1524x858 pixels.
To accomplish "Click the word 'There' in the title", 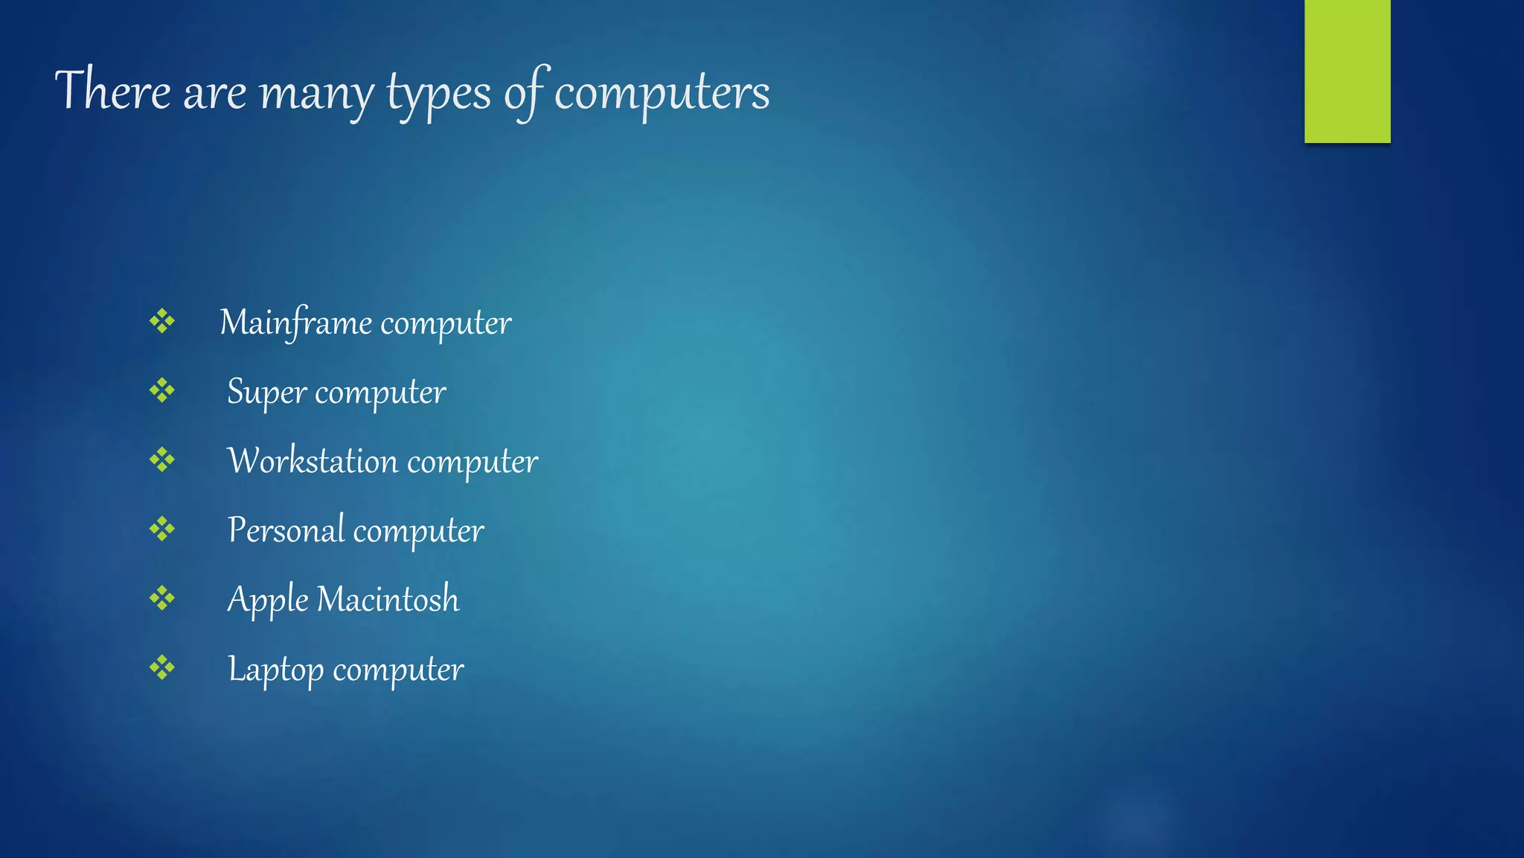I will click(x=113, y=90).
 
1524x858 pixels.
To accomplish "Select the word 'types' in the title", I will click(x=439, y=95).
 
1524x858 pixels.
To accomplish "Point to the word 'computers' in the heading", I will click(x=662, y=93).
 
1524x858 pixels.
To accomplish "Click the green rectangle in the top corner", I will click(x=1347, y=71).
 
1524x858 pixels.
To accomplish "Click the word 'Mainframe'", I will click(x=295, y=322).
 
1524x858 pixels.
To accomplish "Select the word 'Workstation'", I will click(x=313, y=460).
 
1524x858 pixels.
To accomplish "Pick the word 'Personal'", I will click(x=286, y=530).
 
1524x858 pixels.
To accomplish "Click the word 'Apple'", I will click(x=267, y=600).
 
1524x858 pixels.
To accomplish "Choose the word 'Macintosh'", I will click(x=388, y=599).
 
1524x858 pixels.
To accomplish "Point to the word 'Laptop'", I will click(x=275, y=669).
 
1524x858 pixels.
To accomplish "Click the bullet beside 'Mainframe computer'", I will click(x=161, y=322).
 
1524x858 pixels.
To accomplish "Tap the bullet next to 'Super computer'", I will click(x=161, y=390).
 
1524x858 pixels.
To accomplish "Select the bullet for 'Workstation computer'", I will click(x=161, y=460).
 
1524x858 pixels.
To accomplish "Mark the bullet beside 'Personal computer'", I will click(x=161, y=529).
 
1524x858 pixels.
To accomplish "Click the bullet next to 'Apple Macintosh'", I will click(x=161, y=597).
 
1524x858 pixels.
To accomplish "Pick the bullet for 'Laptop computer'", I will click(x=161, y=667).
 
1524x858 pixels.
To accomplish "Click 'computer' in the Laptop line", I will click(x=398, y=670).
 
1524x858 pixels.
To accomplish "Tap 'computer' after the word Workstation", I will click(x=473, y=462).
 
